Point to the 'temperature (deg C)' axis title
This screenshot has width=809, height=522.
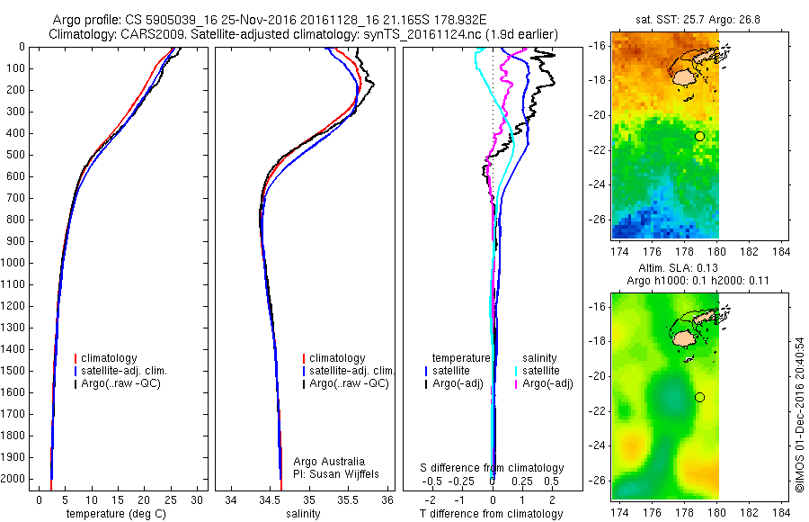pyautogui.click(x=117, y=514)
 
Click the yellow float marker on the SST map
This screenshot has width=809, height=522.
pyautogui.click(x=699, y=136)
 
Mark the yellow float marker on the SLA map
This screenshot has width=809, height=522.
pyautogui.click(x=699, y=397)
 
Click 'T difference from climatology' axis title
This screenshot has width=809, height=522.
pyautogui.click(x=492, y=514)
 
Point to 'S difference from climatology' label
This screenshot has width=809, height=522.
pyautogui.click(x=492, y=468)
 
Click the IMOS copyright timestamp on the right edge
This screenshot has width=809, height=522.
pyautogui.click(x=799, y=417)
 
